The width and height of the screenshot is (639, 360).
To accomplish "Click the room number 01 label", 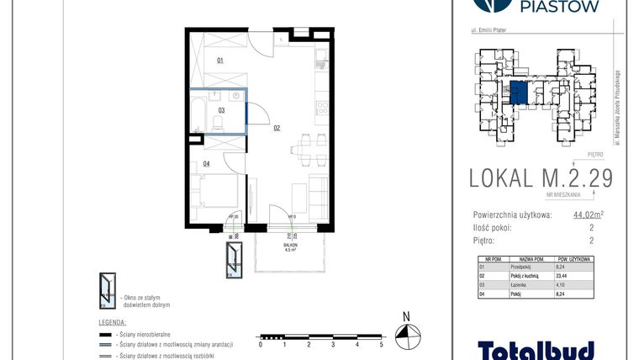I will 220,61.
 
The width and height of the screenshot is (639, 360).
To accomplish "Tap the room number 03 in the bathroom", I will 221,109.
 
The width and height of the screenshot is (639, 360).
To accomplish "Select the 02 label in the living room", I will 276,129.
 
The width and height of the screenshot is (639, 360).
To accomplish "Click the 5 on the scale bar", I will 382,345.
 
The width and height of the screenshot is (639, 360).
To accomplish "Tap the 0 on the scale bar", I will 261,345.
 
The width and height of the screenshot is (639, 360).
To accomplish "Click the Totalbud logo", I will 536,348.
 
